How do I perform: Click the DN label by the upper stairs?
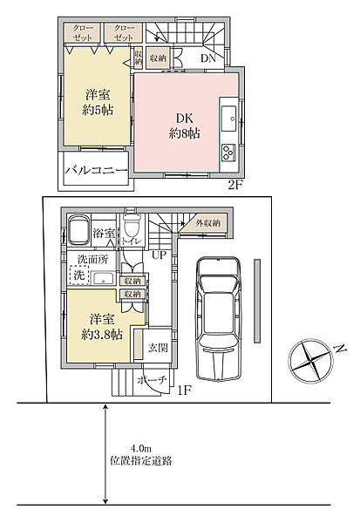pos(208,58)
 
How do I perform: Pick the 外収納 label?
pos(207,224)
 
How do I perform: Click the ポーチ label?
pos(153,381)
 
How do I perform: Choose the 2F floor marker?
pos(234,186)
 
